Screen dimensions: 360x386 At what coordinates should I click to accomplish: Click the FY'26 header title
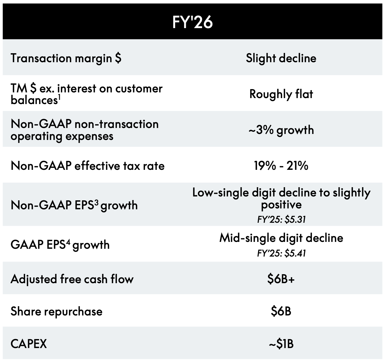pos(192,22)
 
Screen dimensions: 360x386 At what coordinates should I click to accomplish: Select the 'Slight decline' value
pos(281,58)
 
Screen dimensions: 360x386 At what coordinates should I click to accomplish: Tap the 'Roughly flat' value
pos(281,94)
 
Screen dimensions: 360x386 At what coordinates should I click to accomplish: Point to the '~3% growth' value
pos(281,130)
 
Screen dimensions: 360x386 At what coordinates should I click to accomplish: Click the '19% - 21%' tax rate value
pos(281,165)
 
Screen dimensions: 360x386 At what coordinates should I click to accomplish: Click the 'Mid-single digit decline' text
pos(281,238)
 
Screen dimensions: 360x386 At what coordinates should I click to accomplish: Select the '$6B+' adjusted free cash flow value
pos(281,279)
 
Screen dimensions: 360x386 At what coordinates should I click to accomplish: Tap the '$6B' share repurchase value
pos(281,311)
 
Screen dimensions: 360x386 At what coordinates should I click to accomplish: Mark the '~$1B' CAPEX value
pos(281,344)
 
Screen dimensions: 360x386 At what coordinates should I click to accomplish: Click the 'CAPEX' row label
pos(29,344)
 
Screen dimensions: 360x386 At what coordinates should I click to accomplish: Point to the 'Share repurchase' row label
pos(56,312)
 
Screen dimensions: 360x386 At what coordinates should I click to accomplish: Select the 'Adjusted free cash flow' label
pos(72,279)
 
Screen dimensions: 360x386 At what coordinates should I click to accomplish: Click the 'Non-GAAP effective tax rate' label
pos(88,166)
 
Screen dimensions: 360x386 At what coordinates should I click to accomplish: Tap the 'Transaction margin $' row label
pos(66,58)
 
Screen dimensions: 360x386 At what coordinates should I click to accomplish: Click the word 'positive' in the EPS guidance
pos(281,205)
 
